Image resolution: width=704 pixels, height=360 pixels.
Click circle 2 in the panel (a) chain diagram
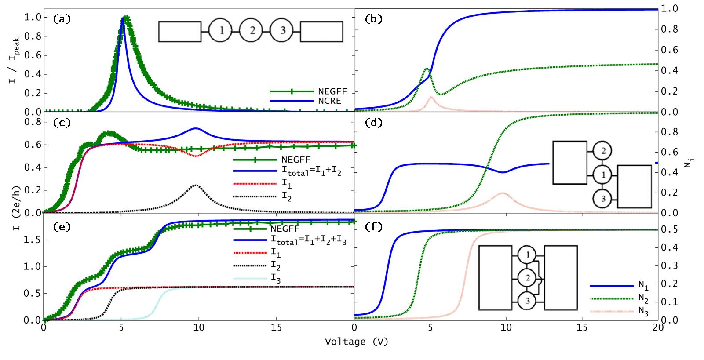pos(252,31)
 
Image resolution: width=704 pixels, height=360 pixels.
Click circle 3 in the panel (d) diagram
pos(603,199)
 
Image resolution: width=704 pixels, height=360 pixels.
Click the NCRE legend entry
pos(329,101)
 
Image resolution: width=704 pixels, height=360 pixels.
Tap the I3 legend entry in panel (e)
pos(275,278)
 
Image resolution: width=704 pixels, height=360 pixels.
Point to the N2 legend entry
pos(643,298)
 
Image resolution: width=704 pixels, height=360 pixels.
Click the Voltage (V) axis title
pos(357,342)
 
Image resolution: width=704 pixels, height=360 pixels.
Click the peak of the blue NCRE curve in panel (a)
pos(123,18)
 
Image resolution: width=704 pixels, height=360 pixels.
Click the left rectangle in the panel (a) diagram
pos(180,31)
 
